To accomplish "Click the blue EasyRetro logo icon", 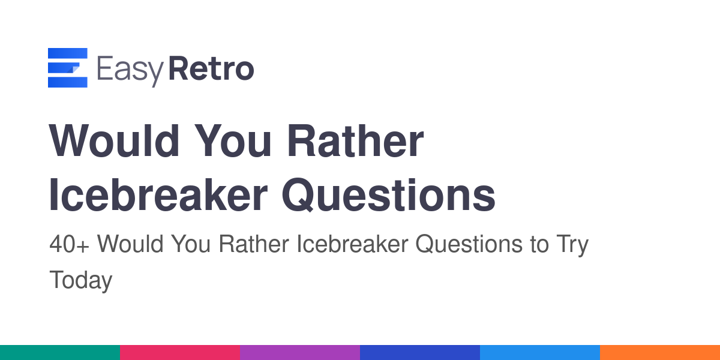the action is [67, 67].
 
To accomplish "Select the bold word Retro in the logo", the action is [211, 68].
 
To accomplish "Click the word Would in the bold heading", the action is [114, 141].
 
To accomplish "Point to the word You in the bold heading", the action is [233, 141].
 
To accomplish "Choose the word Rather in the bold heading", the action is [355, 141].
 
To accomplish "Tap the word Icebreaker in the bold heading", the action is [158, 195].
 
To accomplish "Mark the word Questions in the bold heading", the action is [389, 195].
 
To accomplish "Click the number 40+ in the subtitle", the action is [69, 244].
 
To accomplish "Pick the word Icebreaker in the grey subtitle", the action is [352, 244].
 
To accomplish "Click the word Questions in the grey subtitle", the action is [469, 244].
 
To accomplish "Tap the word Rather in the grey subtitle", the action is [254, 244].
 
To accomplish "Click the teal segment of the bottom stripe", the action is [60, 353].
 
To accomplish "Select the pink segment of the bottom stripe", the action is [180, 353].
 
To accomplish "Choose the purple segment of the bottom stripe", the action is [300, 353].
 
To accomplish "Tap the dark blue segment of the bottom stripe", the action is [420, 353].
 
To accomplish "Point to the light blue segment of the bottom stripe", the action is [540, 353].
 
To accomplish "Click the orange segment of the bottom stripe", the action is [660, 353].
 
